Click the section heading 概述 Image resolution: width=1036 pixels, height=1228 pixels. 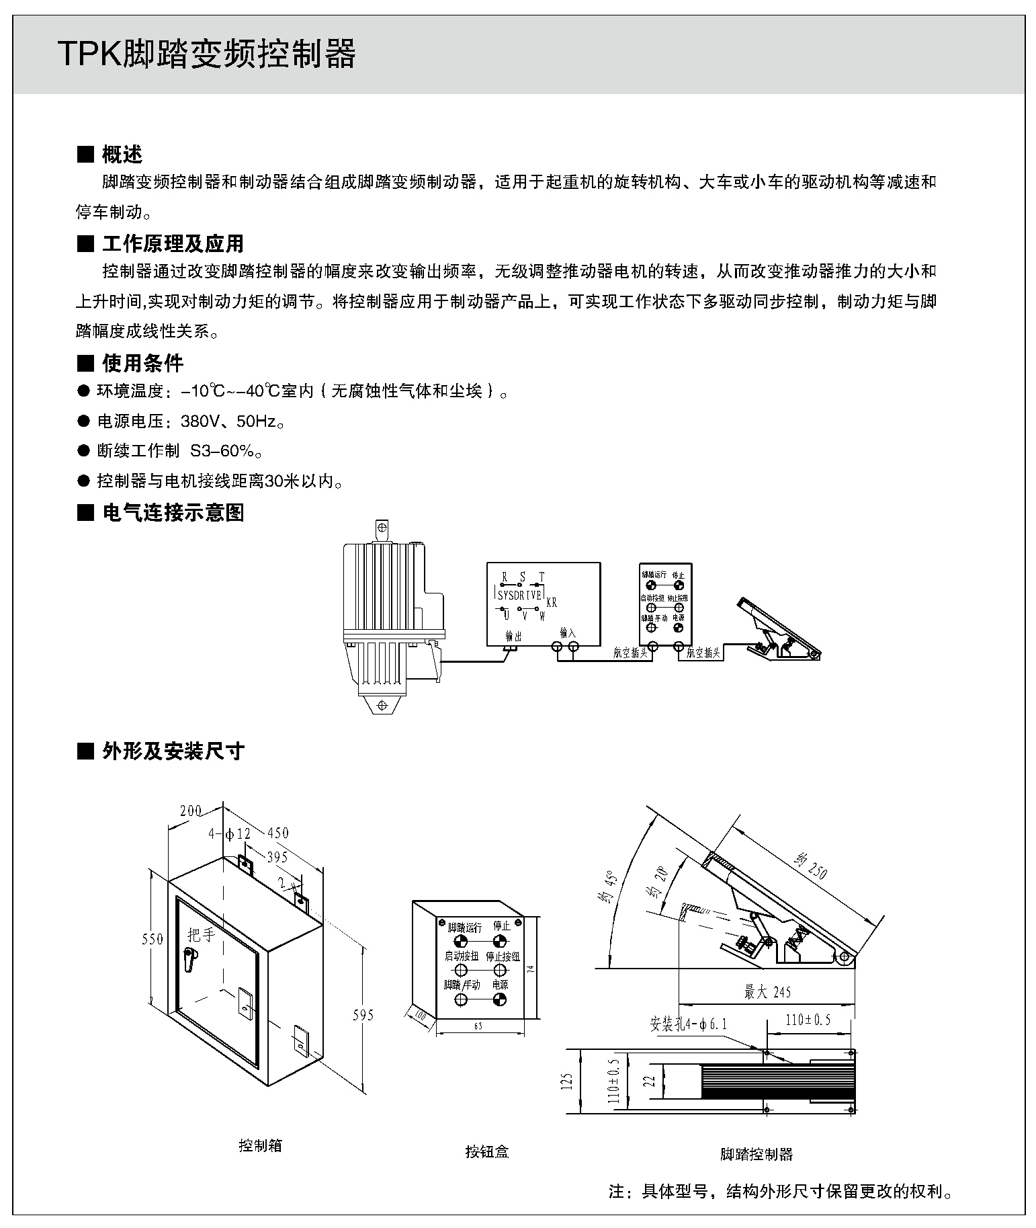(122, 155)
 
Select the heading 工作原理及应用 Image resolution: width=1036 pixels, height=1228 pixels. (172, 243)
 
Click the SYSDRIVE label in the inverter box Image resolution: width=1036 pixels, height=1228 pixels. (520, 595)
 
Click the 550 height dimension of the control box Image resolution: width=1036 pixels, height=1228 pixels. (153, 939)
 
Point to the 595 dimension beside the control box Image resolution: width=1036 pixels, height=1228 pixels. (363, 1015)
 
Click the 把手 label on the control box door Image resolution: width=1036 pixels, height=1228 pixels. (201, 935)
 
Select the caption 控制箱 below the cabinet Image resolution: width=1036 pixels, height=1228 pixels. (260, 1145)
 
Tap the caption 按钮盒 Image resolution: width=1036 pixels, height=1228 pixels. (487, 1151)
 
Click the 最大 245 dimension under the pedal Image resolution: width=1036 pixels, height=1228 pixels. (767, 991)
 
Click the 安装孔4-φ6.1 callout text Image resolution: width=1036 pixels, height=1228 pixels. (688, 1024)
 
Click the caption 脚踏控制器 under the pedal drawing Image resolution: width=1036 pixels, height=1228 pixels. (756, 1154)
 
